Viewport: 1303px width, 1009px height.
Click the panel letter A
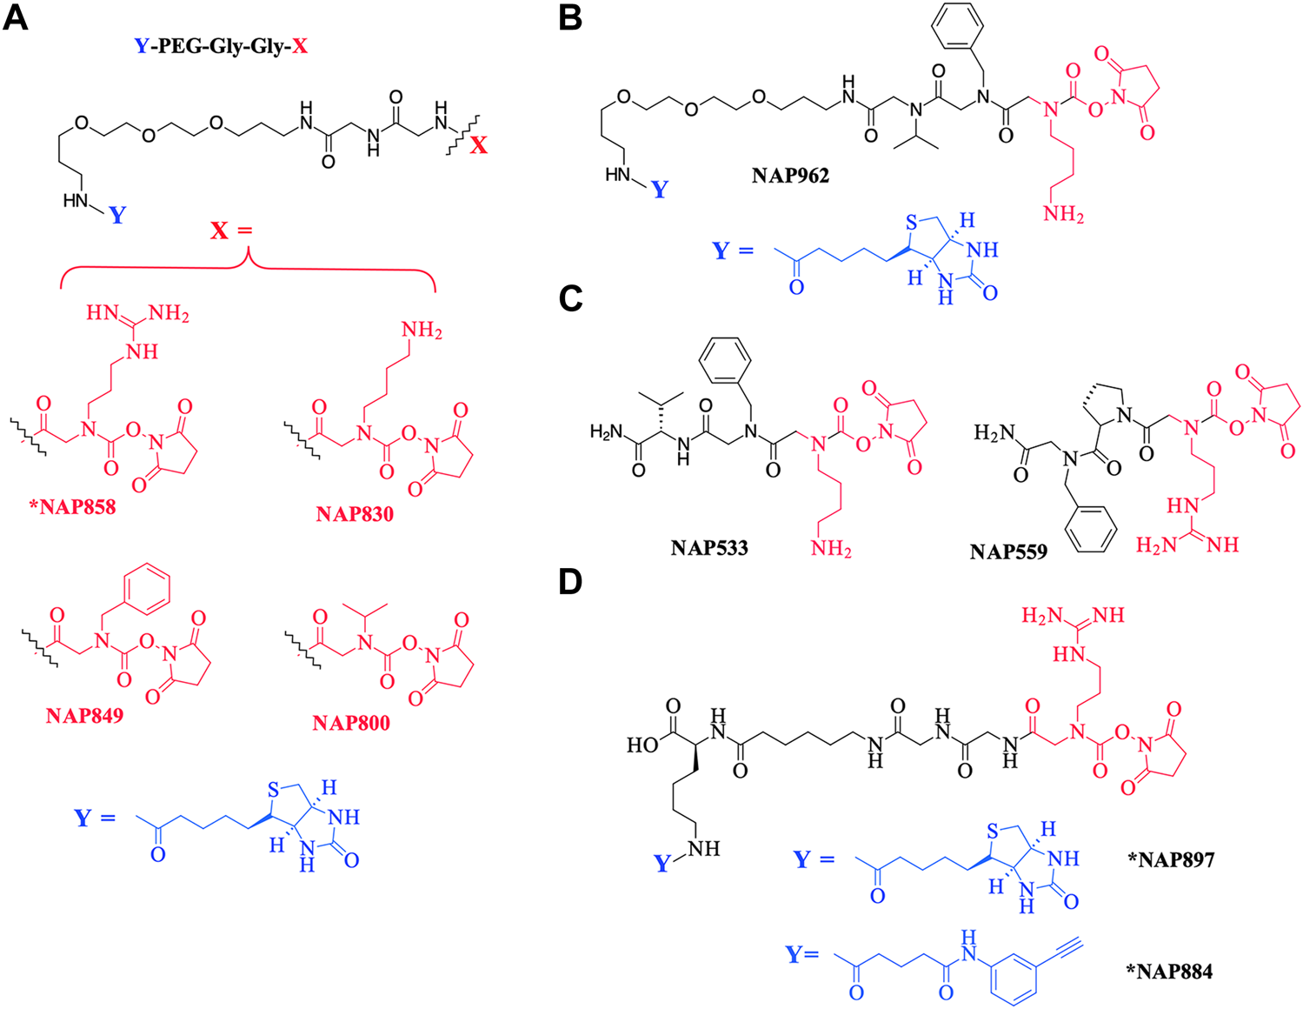tap(16, 17)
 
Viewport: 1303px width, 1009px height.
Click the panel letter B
tap(569, 17)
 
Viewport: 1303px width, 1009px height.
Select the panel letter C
tap(570, 297)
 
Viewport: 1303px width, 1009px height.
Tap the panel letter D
tap(570, 581)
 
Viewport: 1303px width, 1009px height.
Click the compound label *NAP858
tap(72, 506)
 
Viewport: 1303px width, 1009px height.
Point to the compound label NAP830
tap(355, 514)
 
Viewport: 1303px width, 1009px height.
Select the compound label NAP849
tap(84, 716)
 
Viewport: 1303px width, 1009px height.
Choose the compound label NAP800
tap(351, 723)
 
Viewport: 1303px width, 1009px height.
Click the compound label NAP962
tap(790, 176)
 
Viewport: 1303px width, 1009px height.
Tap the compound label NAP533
tap(709, 548)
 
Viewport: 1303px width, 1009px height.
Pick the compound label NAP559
tap(1008, 551)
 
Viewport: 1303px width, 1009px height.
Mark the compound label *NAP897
tap(1170, 859)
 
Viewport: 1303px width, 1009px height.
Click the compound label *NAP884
tap(1169, 970)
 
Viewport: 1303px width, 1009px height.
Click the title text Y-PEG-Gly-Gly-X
tap(221, 46)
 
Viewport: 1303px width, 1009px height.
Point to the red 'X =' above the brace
tap(230, 231)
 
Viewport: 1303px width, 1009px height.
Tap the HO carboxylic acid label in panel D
tap(643, 745)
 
